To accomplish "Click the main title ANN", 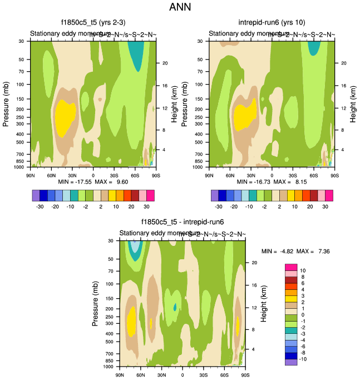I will click(180, 8).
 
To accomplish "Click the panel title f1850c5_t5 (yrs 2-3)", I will click(93, 23).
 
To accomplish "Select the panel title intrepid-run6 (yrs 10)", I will click(272, 23).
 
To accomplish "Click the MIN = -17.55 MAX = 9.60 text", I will click(93, 181).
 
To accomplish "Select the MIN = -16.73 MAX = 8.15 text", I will click(272, 181).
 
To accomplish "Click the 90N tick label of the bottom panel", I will click(119, 375).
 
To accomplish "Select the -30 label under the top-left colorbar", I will click(40, 205).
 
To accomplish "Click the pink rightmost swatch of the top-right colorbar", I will click(329, 195).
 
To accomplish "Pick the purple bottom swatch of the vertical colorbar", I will click(291, 362).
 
